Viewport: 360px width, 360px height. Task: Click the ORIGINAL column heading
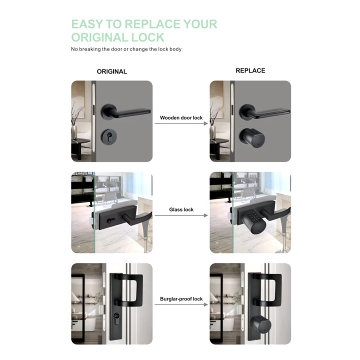tap(112, 71)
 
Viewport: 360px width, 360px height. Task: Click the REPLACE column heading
tap(250, 70)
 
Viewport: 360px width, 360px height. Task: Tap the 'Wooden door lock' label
tap(181, 118)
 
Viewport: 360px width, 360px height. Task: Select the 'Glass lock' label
tap(181, 209)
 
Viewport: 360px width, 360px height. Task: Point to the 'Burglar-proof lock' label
tap(181, 299)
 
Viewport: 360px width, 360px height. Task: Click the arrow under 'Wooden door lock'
tap(181, 123)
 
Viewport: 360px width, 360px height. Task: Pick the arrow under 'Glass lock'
tap(181, 215)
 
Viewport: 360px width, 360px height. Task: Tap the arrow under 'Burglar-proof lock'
tap(181, 304)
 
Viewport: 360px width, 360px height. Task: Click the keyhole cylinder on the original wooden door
tap(109, 137)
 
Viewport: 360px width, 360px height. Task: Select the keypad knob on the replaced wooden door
tap(252, 137)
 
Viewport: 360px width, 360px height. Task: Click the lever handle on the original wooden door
tap(125, 112)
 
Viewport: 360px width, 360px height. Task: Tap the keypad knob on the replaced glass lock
tap(253, 222)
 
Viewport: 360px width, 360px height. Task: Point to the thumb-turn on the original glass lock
tap(110, 220)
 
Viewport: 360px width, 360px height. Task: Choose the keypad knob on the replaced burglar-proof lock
tap(260, 325)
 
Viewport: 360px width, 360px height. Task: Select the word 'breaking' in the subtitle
tap(90, 49)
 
